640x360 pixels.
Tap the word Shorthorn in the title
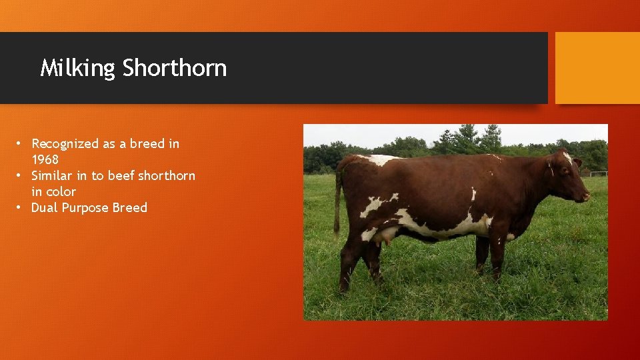175,68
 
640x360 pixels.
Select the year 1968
45,160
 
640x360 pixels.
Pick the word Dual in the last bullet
45,208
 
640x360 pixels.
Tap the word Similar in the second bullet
51,176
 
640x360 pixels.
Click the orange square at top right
597,68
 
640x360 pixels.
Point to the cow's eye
567,171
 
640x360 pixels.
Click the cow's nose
586,197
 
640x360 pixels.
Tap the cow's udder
386,235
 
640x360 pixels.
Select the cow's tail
337,200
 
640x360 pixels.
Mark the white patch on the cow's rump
378,160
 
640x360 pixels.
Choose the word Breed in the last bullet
130,208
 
